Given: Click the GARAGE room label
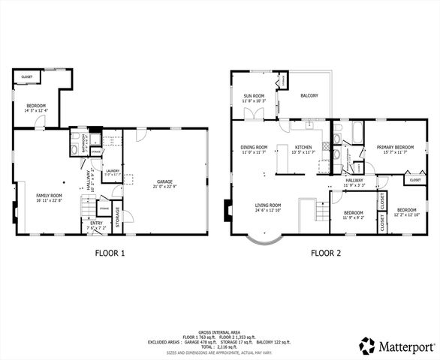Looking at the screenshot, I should point(164,181).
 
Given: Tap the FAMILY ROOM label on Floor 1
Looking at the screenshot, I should point(49,196).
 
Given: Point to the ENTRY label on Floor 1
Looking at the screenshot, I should point(97,223).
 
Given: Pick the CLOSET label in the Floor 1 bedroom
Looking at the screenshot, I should point(26,76).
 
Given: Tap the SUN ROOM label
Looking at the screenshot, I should point(253,95).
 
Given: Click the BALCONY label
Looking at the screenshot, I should point(309,95).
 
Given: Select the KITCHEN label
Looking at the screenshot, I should point(303,147).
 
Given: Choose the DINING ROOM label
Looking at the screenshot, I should point(254,147).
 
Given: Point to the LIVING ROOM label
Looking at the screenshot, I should point(267,205).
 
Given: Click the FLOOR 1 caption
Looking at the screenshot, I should point(110,253).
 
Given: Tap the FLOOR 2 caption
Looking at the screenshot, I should point(326,253).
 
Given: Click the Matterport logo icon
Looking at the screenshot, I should point(366,346).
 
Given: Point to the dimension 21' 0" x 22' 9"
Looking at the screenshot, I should point(164,187).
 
